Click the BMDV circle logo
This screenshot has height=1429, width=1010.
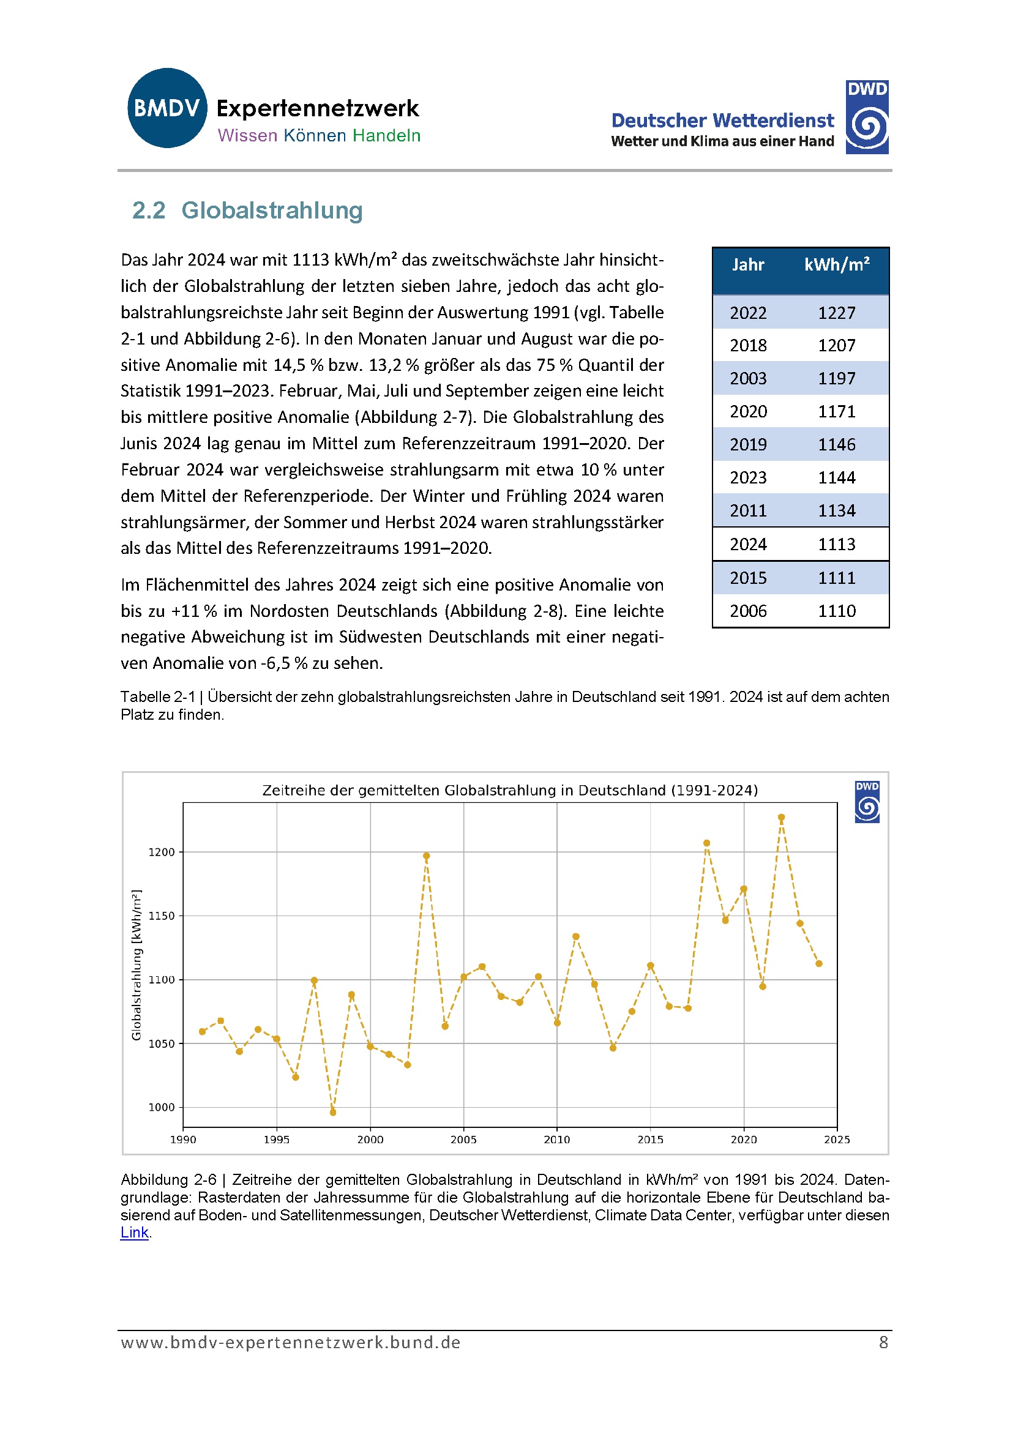coord(167,108)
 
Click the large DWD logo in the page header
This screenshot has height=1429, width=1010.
coord(866,117)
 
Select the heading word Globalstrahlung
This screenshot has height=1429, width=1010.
coord(272,211)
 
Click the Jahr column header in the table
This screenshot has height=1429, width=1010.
coord(747,265)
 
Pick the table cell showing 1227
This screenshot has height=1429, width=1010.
coord(836,313)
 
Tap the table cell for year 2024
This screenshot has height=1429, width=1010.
coord(748,545)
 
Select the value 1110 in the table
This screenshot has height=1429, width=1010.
coord(836,611)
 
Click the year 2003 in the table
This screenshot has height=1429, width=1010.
coord(748,378)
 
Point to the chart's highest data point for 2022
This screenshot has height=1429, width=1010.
coord(782,817)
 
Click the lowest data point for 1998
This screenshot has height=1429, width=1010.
coord(333,1112)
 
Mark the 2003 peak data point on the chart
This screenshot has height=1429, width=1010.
coord(427,856)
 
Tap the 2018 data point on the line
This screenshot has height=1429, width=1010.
coord(707,843)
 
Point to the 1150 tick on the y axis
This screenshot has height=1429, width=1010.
coord(161,916)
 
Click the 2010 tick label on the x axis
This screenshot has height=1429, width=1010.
coord(556,1140)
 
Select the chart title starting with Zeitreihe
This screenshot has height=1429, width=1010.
coord(510,791)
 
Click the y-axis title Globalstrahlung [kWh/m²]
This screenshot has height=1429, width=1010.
coord(137,964)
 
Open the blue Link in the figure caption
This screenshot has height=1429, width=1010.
coord(135,1233)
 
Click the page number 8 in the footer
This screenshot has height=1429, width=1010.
coord(883,1343)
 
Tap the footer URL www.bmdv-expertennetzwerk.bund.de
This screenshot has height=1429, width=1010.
coord(290,1343)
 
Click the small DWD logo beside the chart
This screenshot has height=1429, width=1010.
coord(867,802)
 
